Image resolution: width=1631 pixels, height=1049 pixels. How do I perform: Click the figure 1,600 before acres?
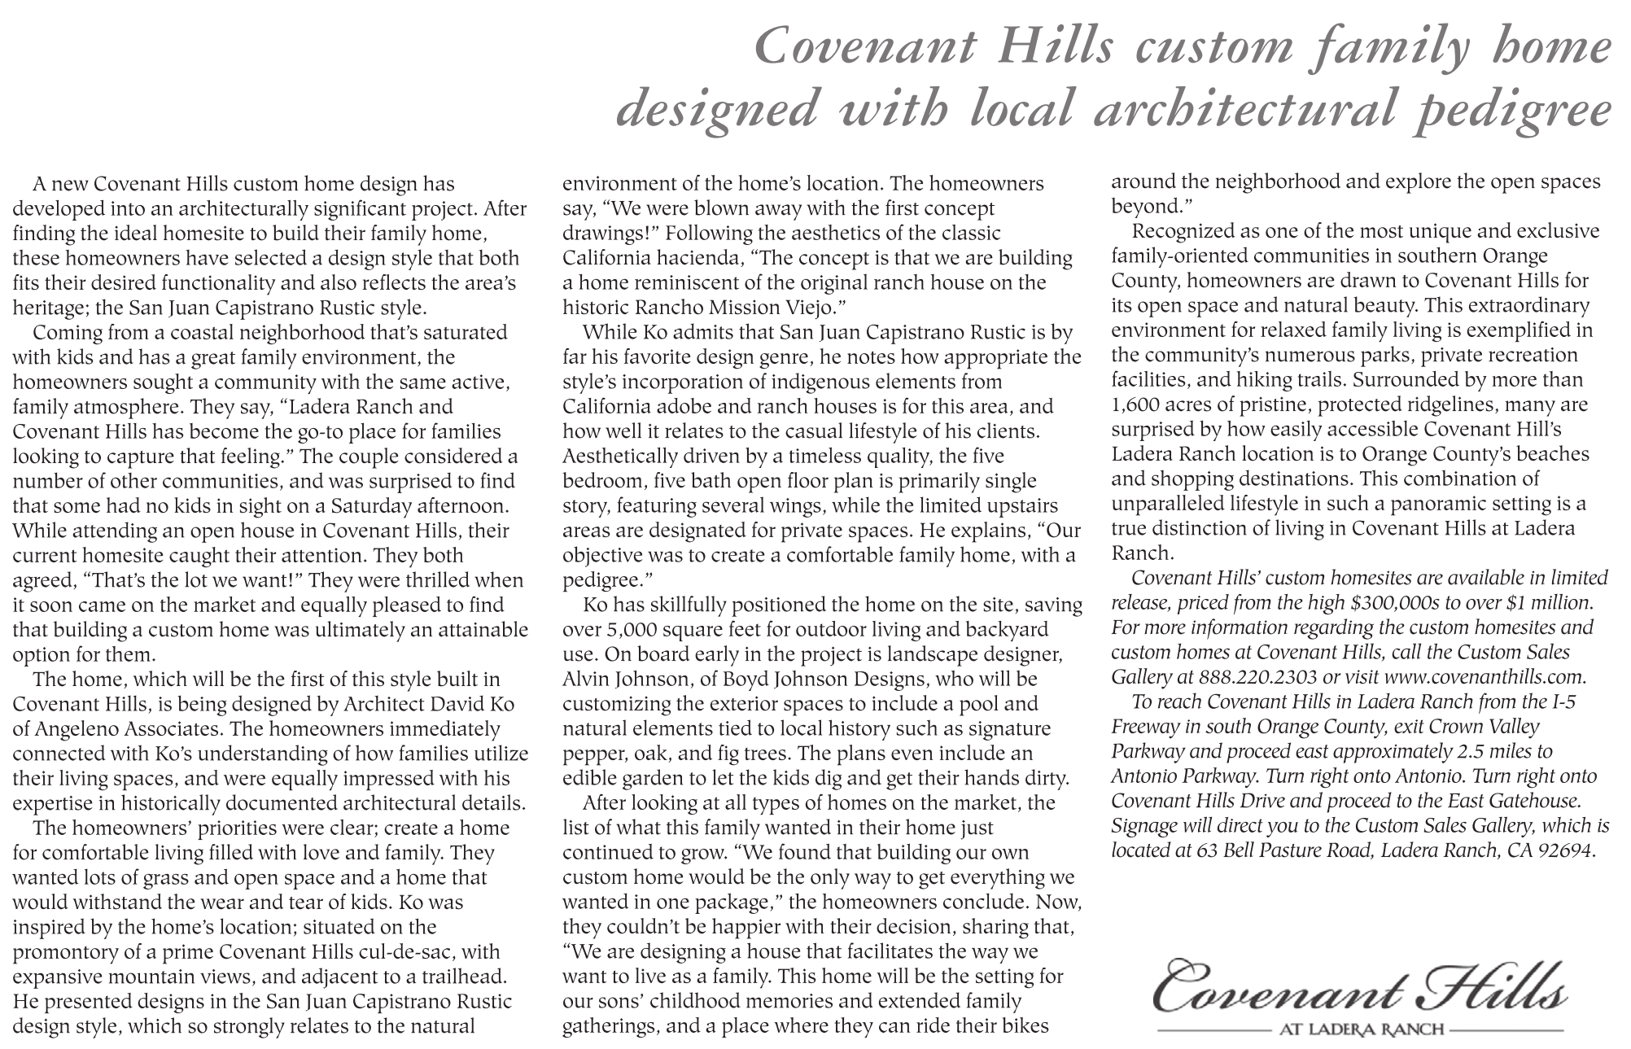click(1139, 404)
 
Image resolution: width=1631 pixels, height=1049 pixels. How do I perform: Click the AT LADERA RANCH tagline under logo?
click(1362, 1029)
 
